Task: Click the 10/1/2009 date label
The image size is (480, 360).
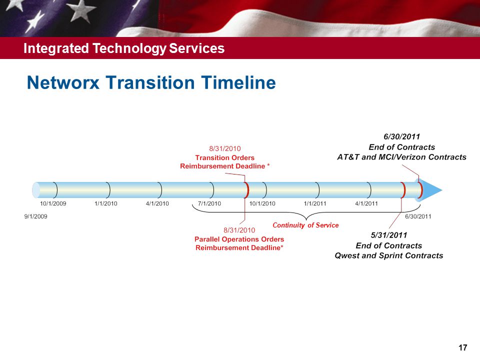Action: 53,203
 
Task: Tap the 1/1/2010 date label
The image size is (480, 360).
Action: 106,203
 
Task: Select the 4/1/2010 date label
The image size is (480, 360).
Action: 157,203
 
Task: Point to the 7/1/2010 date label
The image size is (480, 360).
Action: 209,203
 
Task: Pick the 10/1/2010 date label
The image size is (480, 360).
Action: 262,203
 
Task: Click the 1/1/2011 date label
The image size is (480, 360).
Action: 315,203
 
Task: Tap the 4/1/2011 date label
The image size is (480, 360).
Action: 366,203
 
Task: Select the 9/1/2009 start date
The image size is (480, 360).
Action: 36,216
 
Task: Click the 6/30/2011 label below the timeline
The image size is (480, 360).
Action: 418,216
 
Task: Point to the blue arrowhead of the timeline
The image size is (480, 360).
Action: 431,190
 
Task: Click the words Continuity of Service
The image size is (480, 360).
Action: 305,225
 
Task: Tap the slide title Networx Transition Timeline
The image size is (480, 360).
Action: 151,82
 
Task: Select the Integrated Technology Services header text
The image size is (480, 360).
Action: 124,48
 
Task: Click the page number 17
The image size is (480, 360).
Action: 463,347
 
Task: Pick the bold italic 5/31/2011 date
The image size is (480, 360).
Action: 389,235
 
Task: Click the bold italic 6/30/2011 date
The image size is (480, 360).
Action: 401,136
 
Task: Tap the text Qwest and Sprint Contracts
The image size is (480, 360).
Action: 389,255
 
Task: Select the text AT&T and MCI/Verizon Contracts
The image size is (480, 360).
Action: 401,157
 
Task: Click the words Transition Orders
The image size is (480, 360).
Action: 224,157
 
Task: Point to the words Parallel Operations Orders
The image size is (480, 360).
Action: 239,239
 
